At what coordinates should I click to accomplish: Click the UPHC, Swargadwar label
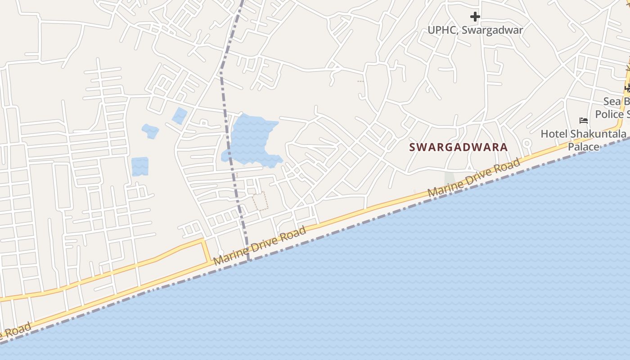coord(475,30)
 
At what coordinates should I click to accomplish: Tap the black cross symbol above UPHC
coord(475,17)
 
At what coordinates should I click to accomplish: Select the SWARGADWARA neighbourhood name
coord(458,147)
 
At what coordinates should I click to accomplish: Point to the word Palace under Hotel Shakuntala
coord(583,147)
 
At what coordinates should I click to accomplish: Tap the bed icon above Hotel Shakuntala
coord(584,121)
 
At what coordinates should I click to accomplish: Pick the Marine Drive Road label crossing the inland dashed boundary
coord(260,246)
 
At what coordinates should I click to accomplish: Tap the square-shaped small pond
coord(140,166)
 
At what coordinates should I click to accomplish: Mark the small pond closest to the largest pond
coord(180,116)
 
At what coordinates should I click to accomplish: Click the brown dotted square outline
coord(260,201)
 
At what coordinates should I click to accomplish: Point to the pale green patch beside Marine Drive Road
coord(450,180)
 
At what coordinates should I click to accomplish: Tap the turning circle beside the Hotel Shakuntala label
coord(526,144)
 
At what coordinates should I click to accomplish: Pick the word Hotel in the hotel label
coord(554,134)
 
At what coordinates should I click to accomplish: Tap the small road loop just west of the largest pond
coord(203,122)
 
